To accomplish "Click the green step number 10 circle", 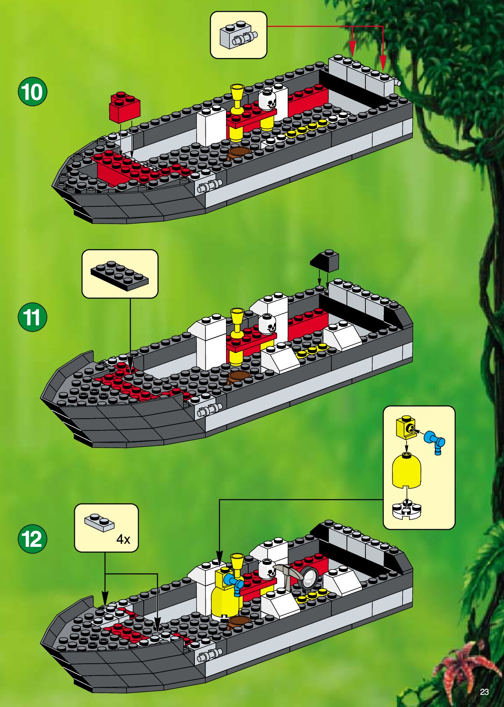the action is tap(32, 92).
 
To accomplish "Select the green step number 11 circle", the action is tap(32, 317).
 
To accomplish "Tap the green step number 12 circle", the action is tap(32, 539).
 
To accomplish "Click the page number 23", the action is tap(484, 692).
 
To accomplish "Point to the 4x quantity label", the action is tap(123, 539).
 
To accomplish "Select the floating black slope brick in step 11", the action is tap(325, 261).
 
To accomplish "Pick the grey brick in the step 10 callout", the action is tap(238, 36).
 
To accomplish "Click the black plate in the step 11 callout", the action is tap(120, 276).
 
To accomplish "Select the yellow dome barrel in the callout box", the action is tap(406, 470).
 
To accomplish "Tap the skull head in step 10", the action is tap(268, 99).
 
